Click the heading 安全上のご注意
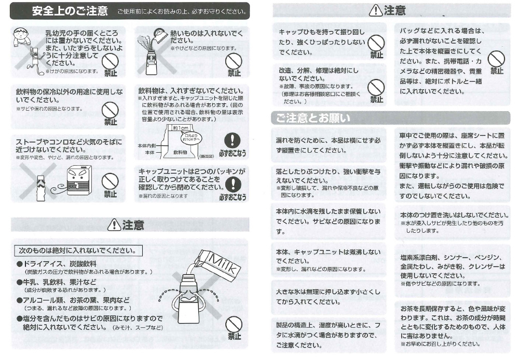(70, 11)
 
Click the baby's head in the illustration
(21, 33)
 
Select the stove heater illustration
(79, 180)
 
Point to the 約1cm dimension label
(181, 128)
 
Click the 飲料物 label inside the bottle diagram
(180, 152)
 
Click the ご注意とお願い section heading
(313, 118)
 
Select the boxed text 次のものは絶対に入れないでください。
(78, 251)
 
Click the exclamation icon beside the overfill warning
(233, 140)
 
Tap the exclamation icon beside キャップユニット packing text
(233, 184)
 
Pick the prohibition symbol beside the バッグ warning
(496, 59)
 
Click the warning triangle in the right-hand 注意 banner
(376, 10)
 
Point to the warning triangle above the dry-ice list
(114, 224)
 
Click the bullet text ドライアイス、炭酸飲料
(57, 264)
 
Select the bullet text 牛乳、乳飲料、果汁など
(57, 282)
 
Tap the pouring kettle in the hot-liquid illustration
(160, 35)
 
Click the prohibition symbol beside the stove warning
(110, 181)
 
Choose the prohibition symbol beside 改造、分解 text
(376, 87)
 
